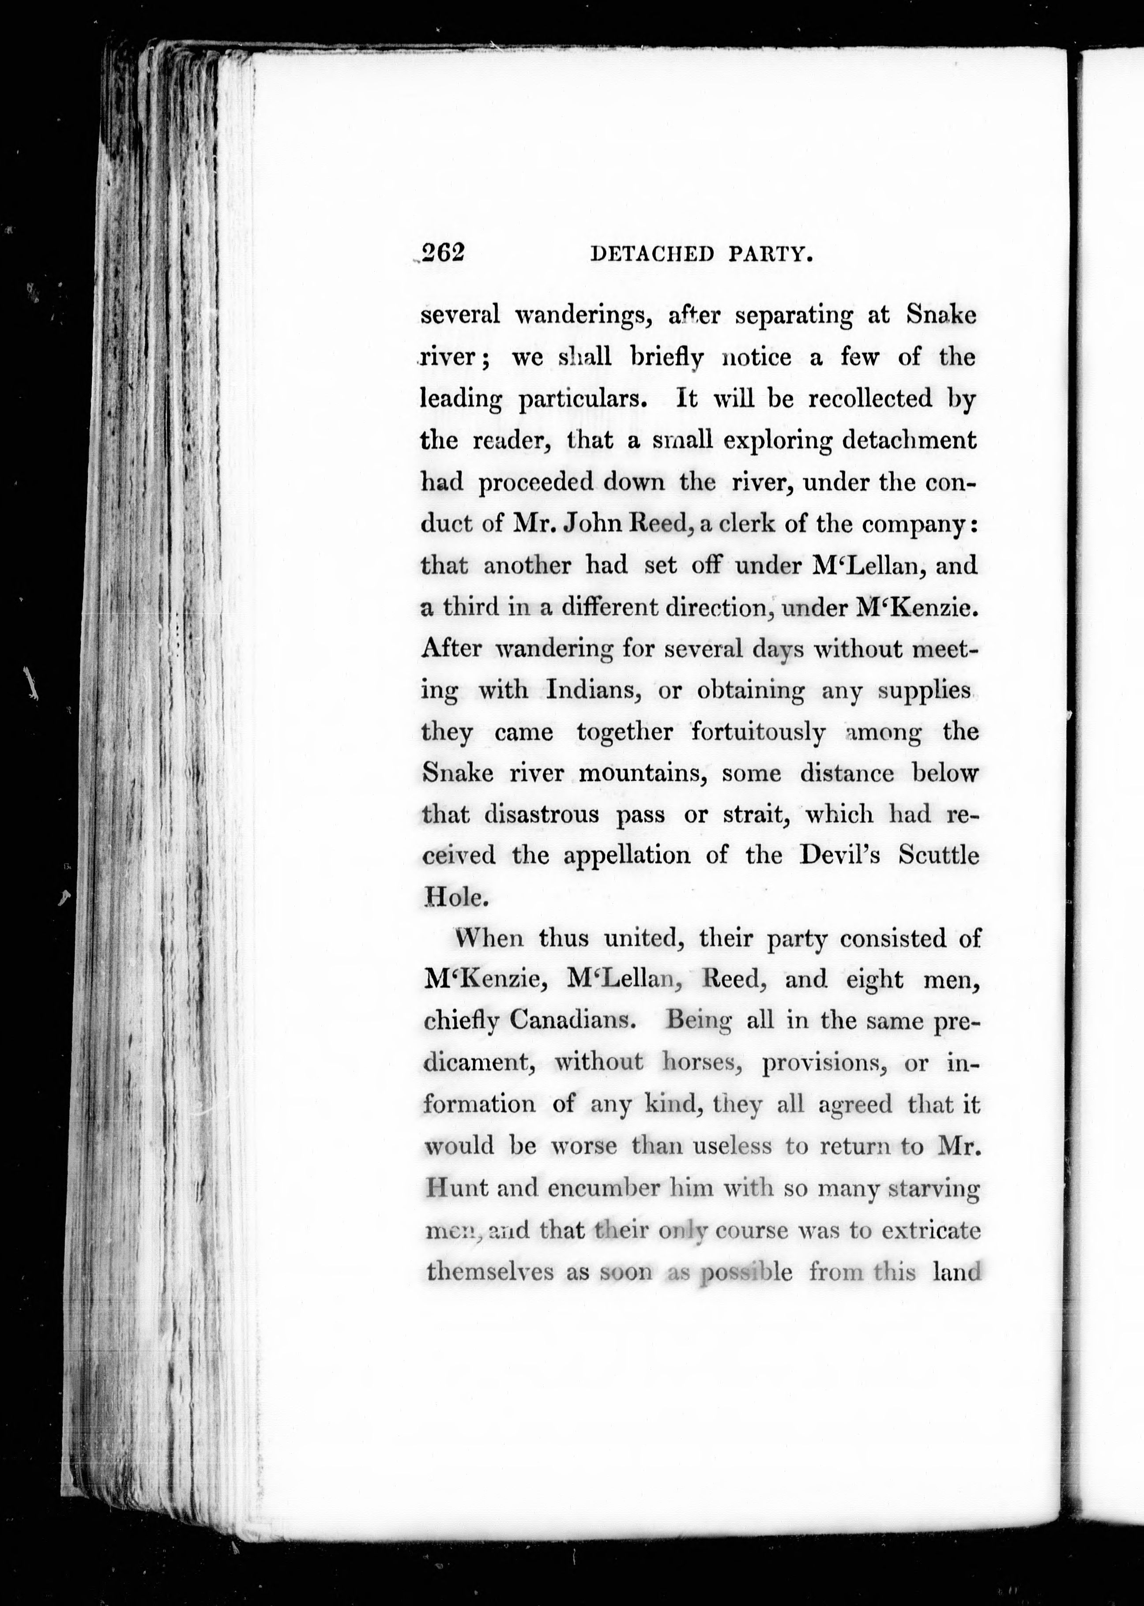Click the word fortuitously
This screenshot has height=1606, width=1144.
(758, 732)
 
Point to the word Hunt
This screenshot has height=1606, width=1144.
(457, 1189)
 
